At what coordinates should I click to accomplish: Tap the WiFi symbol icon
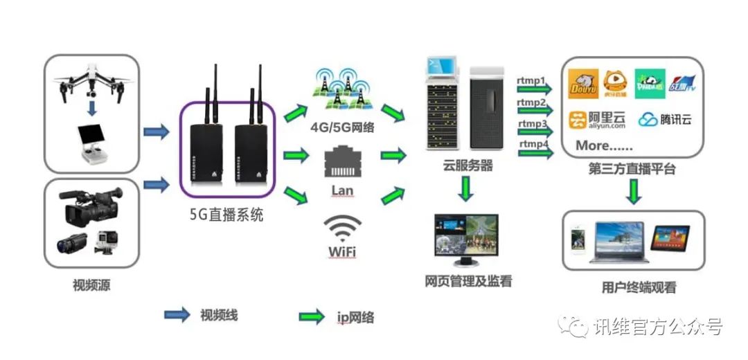pyautogui.click(x=343, y=227)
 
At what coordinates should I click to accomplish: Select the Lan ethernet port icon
pyautogui.click(x=341, y=161)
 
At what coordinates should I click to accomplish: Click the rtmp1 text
pyautogui.click(x=531, y=80)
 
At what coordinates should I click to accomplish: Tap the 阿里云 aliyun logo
pyautogui.click(x=597, y=120)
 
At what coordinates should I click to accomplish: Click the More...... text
pyautogui.click(x=603, y=145)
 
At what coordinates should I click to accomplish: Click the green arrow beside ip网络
pyautogui.click(x=312, y=317)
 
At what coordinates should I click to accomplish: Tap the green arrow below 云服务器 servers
pyautogui.click(x=467, y=189)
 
